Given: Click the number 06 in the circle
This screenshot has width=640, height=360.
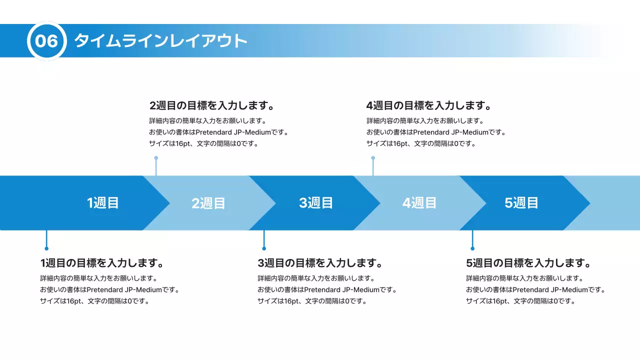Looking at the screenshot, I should pyautogui.click(x=46, y=41).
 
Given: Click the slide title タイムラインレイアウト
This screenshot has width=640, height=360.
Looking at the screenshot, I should pyautogui.click(x=161, y=41).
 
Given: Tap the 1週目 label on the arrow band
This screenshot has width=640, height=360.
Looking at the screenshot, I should pyautogui.click(x=103, y=203).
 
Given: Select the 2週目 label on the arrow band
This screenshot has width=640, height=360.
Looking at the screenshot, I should pyautogui.click(x=208, y=203).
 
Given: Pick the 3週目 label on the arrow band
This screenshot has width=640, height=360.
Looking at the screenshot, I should pyautogui.click(x=316, y=203).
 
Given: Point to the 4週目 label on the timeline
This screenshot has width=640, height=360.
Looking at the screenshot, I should pyautogui.click(x=419, y=203).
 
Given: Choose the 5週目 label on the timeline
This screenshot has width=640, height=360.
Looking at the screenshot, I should pyautogui.click(x=521, y=203).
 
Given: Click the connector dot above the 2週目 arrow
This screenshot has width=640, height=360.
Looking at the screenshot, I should pyautogui.click(x=156, y=158).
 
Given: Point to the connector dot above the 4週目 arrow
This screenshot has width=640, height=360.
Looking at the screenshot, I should pyautogui.click(x=373, y=158).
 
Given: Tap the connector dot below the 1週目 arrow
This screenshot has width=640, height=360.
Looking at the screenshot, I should pyautogui.click(x=46, y=248).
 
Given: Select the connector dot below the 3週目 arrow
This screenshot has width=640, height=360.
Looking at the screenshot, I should pyautogui.click(x=264, y=248).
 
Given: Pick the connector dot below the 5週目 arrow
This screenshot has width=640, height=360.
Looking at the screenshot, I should pyautogui.click(x=472, y=248).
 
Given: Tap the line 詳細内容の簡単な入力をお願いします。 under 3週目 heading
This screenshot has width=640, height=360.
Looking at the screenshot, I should pyautogui.click(x=316, y=278).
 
